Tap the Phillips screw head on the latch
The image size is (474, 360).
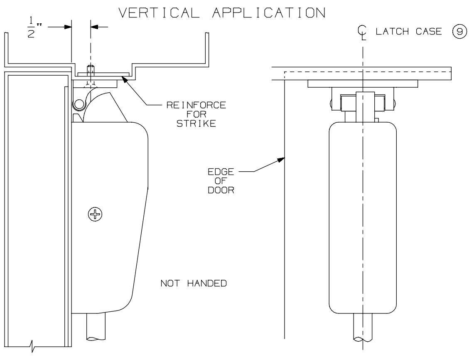pyautogui.click(x=98, y=215)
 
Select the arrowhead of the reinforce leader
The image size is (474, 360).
pyautogui.click(x=123, y=76)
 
